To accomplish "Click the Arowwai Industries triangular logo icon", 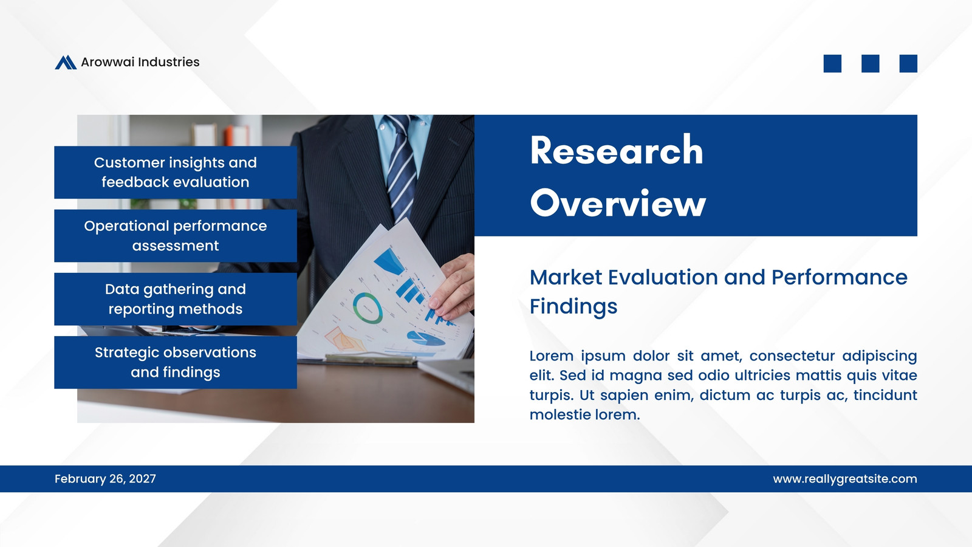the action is (66, 63).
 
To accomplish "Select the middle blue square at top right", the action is (870, 63).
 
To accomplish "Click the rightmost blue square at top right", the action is (908, 63).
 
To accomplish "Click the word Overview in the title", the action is (618, 203).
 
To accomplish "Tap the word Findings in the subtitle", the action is (573, 306).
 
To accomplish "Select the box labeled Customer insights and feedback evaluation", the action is (176, 173).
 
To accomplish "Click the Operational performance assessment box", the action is (176, 236).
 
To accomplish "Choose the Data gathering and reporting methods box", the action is (176, 299).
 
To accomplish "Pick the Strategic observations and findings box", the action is (176, 362).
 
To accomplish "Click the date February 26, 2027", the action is (105, 479).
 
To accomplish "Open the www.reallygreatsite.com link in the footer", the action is (845, 479).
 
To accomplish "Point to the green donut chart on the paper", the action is (367, 308).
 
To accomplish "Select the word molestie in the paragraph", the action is (560, 415).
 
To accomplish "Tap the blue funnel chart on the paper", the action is (389, 261).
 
